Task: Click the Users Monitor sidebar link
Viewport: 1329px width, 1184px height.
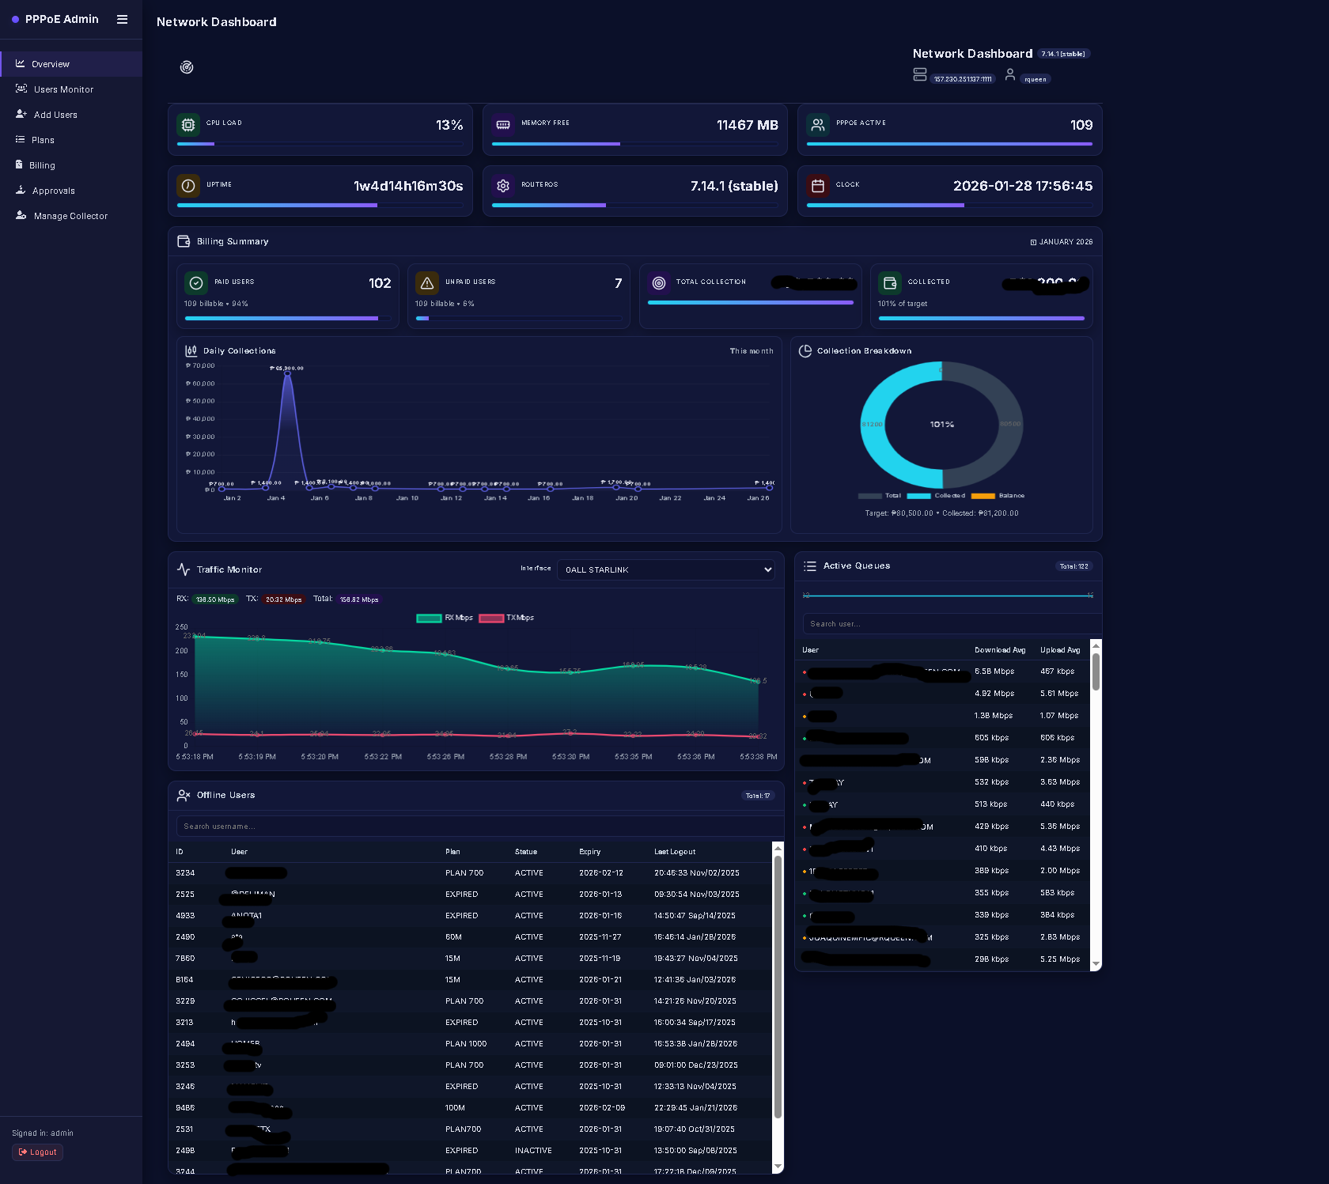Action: tap(63, 89)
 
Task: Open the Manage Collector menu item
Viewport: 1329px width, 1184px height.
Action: tap(70, 216)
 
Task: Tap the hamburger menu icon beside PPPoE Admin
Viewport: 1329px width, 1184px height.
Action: tap(122, 19)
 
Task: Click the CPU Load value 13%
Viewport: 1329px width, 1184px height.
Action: tap(449, 125)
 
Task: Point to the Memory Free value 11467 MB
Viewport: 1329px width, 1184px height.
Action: tap(746, 125)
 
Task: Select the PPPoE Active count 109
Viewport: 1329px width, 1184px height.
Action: tap(1081, 125)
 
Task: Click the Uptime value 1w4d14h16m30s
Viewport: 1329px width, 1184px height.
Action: tap(407, 186)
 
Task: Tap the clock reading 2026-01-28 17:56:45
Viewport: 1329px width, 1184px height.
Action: tap(1022, 186)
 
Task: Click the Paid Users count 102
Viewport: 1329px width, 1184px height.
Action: tap(379, 283)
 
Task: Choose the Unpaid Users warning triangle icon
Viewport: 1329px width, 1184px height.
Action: tap(427, 283)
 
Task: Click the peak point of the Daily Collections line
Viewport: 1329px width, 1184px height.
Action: tap(287, 373)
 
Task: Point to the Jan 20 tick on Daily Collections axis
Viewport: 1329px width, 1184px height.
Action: tap(627, 498)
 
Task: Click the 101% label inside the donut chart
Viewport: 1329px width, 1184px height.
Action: tap(941, 425)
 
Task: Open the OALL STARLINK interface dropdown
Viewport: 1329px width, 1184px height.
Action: tap(666, 569)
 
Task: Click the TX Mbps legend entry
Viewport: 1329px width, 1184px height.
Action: tap(507, 618)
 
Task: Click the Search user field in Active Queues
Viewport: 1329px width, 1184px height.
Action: tap(949, 624)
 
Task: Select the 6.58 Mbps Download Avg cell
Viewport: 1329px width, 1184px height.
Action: tap(994, 671)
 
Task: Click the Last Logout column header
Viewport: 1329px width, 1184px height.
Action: tap(675, 852)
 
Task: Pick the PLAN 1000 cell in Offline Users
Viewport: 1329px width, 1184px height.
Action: tap(466, 1044)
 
